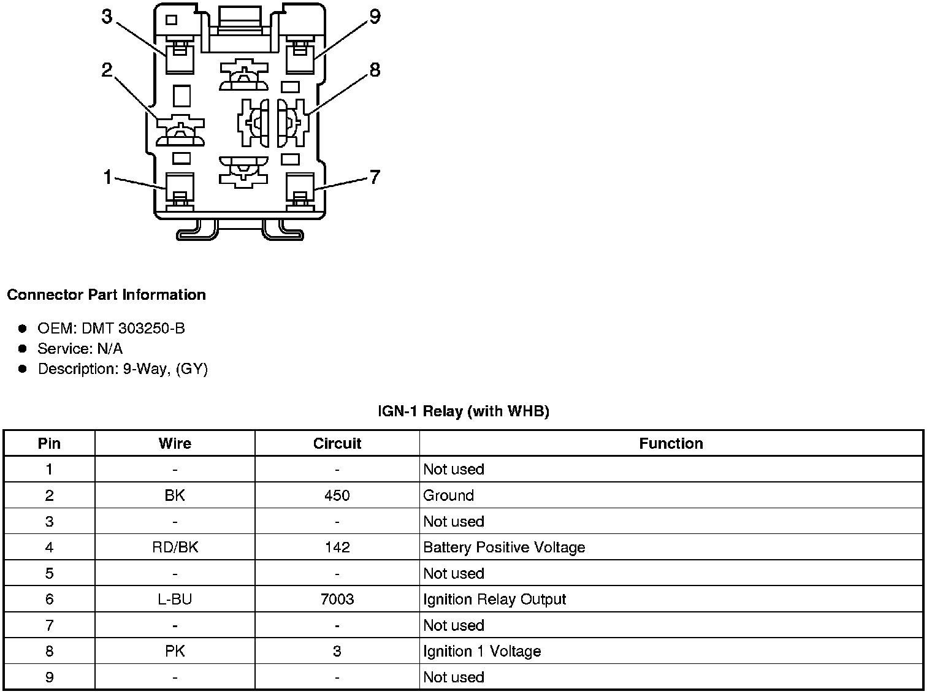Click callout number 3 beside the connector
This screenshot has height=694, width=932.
tap(107, 17)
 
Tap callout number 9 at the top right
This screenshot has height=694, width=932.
tap(375, 17)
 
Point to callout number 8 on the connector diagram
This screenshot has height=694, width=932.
tap(375, 71)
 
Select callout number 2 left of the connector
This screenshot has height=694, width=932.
tap(107, 71)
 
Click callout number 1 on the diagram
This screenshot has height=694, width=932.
tap(107, 178)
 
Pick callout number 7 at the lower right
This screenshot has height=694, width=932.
tap(375, 178)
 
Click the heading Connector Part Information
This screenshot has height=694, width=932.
tap(106, 295)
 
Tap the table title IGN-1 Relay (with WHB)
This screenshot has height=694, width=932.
tap(464, 411)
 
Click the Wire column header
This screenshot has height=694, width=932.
tap(175, 444)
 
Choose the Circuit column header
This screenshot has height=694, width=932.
tap(337, 444)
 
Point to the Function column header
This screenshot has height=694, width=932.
tap(671, 444)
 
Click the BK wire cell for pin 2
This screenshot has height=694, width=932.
tap(175, 495)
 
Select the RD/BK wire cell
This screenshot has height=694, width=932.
tap(175, 547)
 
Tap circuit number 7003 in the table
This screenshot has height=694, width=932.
tap(337, 600)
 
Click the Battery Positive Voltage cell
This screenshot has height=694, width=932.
tap(504, 547)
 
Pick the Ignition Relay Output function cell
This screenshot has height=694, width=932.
tap(494, 600)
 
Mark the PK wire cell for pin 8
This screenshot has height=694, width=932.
tap(175, 651)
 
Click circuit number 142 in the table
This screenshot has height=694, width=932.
tap(337, 547)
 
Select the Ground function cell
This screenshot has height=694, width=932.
tap(448, 495)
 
